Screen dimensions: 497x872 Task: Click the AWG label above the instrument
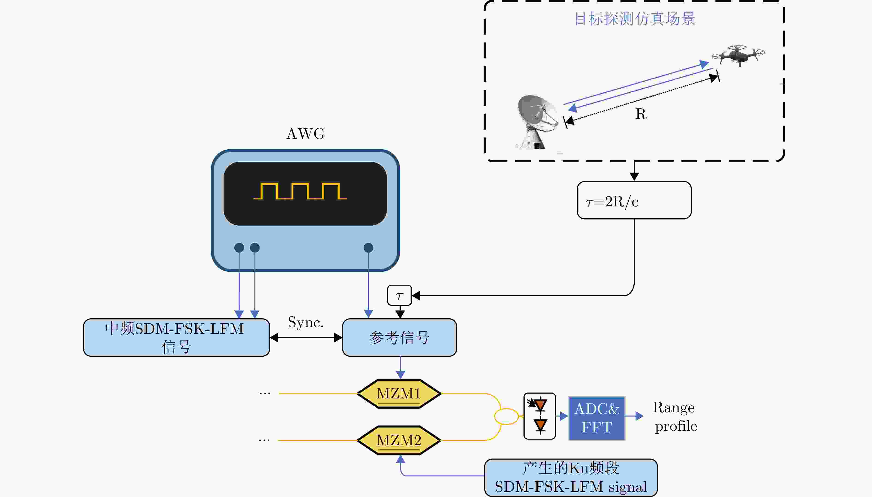306,133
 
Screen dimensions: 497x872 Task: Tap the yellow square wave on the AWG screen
300,191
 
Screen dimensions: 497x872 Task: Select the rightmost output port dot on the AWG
368,247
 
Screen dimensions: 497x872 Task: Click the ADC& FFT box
597,418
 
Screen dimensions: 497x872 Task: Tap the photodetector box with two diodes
540,416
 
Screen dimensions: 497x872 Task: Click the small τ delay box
399,295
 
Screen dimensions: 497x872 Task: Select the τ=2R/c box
634,200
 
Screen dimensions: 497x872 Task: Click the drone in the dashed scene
738,55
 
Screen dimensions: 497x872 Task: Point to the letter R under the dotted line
641,114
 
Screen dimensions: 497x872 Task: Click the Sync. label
306,322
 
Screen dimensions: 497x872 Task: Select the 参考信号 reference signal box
399,337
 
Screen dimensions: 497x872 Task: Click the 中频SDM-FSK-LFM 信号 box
176,337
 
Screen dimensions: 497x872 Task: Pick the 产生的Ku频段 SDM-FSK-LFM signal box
571,477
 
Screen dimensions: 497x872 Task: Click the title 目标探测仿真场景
635,19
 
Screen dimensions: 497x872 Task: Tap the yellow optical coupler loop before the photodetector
506,416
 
